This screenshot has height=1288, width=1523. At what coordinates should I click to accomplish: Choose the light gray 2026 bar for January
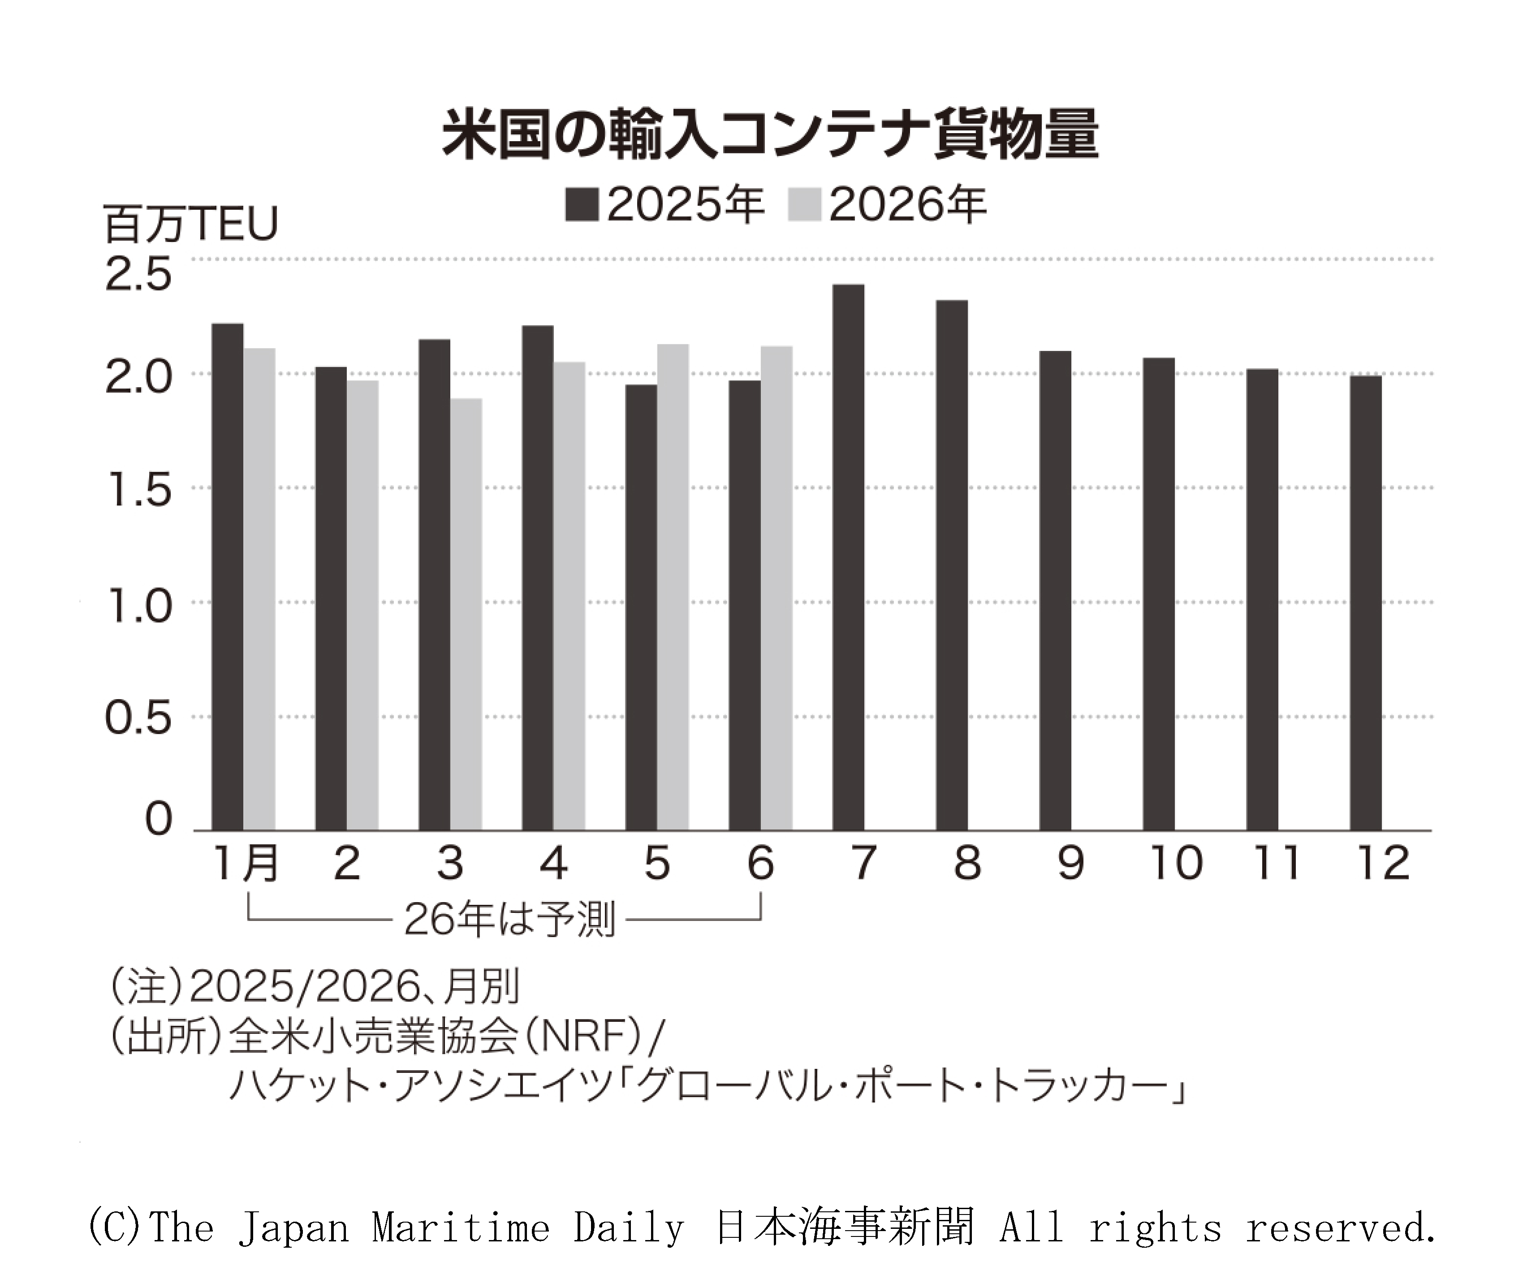coord(259,589)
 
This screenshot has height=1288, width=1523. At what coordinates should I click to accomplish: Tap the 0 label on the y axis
coord(159,818)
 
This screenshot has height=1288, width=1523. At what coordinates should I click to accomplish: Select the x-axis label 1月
coord(245,863)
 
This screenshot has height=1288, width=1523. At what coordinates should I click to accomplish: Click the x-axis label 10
coord(1175,863)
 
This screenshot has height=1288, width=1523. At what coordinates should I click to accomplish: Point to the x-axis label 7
coord(864,863)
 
